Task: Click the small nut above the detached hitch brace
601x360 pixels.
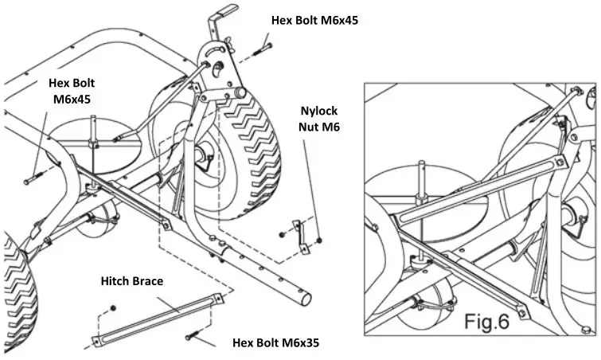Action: (x=114, y=307)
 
